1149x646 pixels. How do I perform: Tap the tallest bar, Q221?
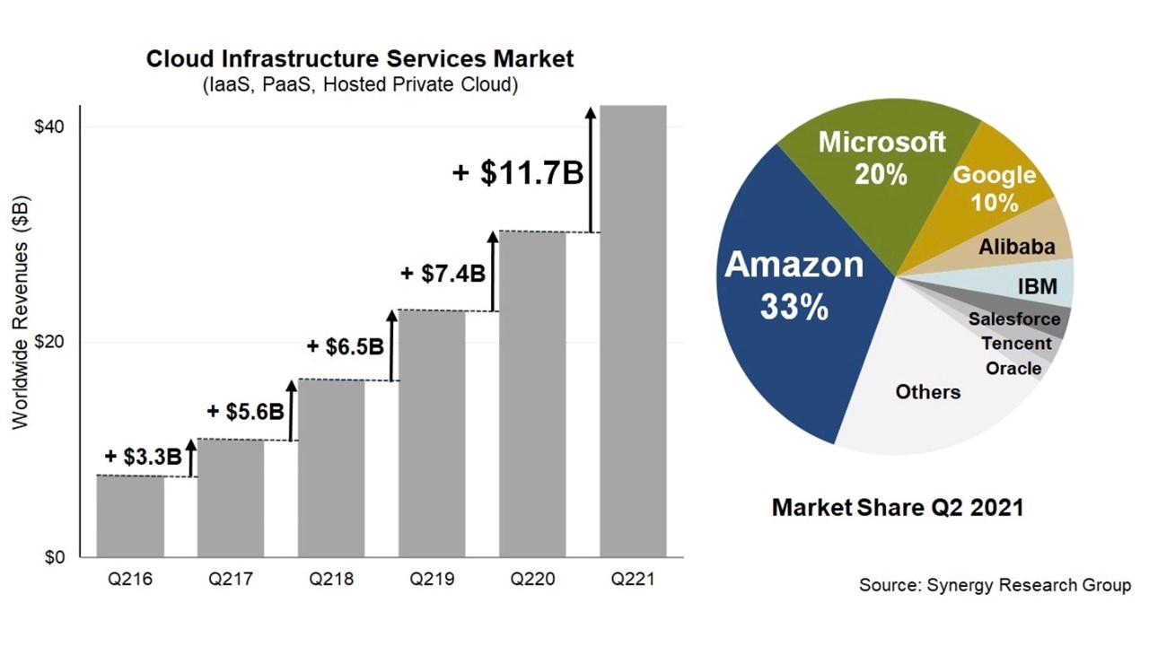[x=633, y=332]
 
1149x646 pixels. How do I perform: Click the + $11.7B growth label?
[x=518, y=171]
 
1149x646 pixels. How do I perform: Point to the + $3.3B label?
[x=143, y=456]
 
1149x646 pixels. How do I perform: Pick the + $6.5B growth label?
[x=346, y=346]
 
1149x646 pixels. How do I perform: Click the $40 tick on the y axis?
[x=49, y=127]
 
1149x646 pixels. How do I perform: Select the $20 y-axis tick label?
[x=49, y=343]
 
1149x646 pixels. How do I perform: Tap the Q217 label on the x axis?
[x=231, y=580]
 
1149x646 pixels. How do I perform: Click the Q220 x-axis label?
[x=532, y=580]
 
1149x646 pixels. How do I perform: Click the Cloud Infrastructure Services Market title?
[x=360, y=60]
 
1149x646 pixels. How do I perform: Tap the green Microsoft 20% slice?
[x=880, y=179]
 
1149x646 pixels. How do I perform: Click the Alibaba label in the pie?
[x=1016, y=247]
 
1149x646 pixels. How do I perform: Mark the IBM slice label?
[x=1037, y=287]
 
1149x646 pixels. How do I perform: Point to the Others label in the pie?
[x=927, y=392]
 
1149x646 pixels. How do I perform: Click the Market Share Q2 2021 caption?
[x=898, y=508]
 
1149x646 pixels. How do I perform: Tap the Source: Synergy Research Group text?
[x=995, y=585]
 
